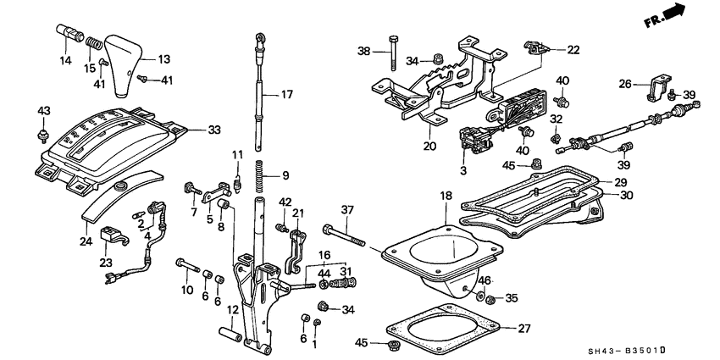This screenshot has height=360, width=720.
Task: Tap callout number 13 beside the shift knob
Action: [164, 59]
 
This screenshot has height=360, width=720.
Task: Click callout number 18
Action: [446, 196]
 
